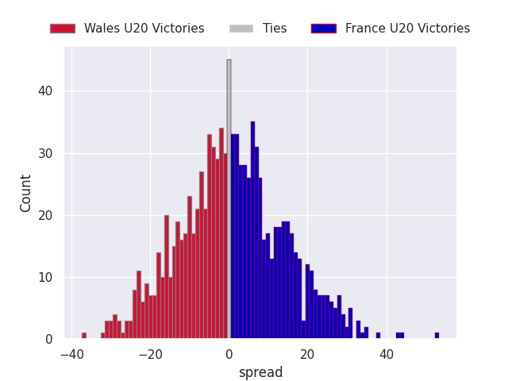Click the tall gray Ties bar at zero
pos(229,198)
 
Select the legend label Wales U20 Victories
pos(144,29)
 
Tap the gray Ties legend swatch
pos(241,29)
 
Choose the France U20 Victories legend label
pos(407,29)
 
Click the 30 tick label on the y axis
pos(46,153)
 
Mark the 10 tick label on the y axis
pos(46,277)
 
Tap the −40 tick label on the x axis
pos(69,354)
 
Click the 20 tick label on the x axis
pos(308,354)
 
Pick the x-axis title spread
pos(260,372)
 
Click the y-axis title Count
pos(26,193)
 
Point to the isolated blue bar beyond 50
pos(437,336)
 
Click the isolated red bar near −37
pos(84,336)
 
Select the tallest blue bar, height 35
pos(252,230)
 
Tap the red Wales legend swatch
pos(62,29)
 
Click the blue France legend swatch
pos(323,29)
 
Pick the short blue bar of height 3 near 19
pos(303,329)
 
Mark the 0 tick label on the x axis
pos(229,354)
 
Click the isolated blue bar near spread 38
pos(378,336)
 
